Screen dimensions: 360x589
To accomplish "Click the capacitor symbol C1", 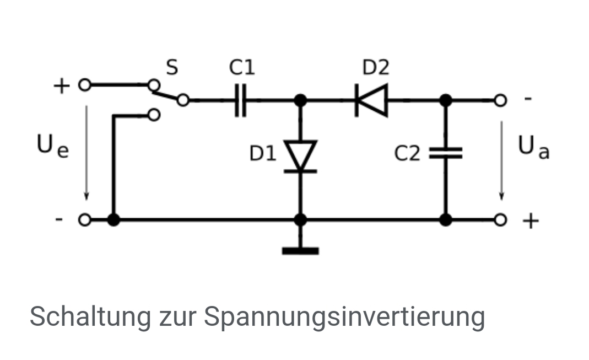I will pos(241,100).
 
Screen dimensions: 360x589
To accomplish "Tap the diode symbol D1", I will pos(300,156).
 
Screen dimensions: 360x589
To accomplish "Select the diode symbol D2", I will pos(372,100).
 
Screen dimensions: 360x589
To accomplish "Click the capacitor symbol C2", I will pos(446,153).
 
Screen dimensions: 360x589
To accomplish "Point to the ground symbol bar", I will pos(300,251).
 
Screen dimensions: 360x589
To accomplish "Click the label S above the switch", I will pos(172,68).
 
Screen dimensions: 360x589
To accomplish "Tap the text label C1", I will pos(242,68).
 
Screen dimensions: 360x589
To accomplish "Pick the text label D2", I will pos(376,68).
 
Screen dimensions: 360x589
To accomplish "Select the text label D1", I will pos(263,154).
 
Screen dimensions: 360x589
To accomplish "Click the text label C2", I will pos(407,154).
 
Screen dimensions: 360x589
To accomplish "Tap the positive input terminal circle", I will pos(84,85).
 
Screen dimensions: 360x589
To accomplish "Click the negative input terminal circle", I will pos(84,220).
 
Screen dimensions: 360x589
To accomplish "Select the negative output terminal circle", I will pos(500,100).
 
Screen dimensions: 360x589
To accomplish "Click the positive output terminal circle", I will pos(500,220).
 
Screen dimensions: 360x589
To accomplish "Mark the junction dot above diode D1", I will pos(300,100).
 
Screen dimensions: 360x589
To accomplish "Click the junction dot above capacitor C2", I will pos(446,100).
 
